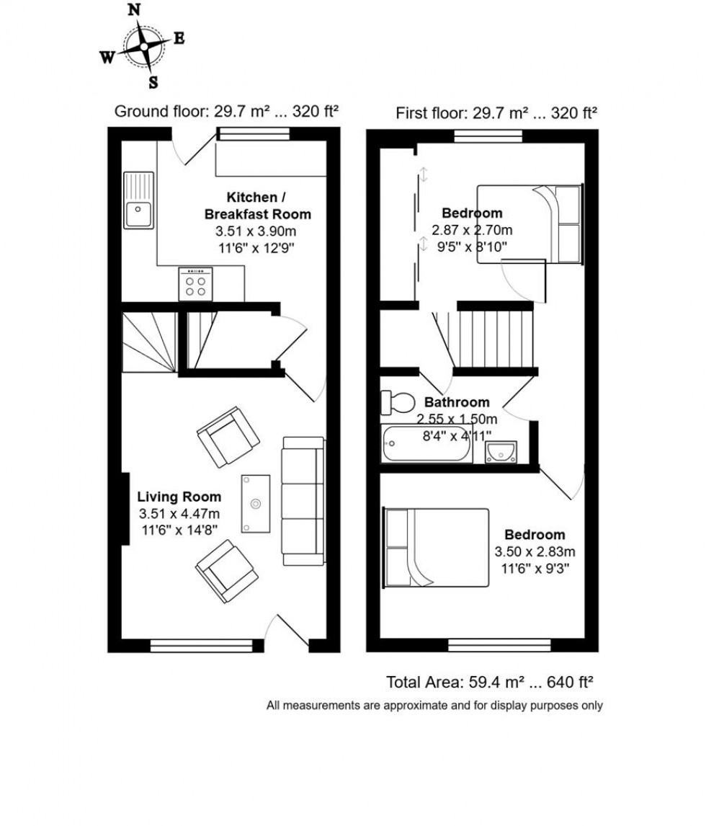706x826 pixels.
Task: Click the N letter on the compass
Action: pos(134,10)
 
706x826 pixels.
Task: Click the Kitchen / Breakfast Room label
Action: pos(258,205)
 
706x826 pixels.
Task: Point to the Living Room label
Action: pos(179,497)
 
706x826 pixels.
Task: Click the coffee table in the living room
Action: pos(256,504)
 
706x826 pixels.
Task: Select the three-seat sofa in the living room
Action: pos(303,499)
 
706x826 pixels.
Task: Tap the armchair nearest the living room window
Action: pos(227,572)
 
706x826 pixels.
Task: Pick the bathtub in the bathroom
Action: pos(427,444)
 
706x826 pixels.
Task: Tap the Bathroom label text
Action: pos(456,402)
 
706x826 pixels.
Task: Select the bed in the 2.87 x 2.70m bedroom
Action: pos(529,223)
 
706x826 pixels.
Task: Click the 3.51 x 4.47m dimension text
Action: pos(179,513)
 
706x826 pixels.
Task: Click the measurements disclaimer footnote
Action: pos(434,706)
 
